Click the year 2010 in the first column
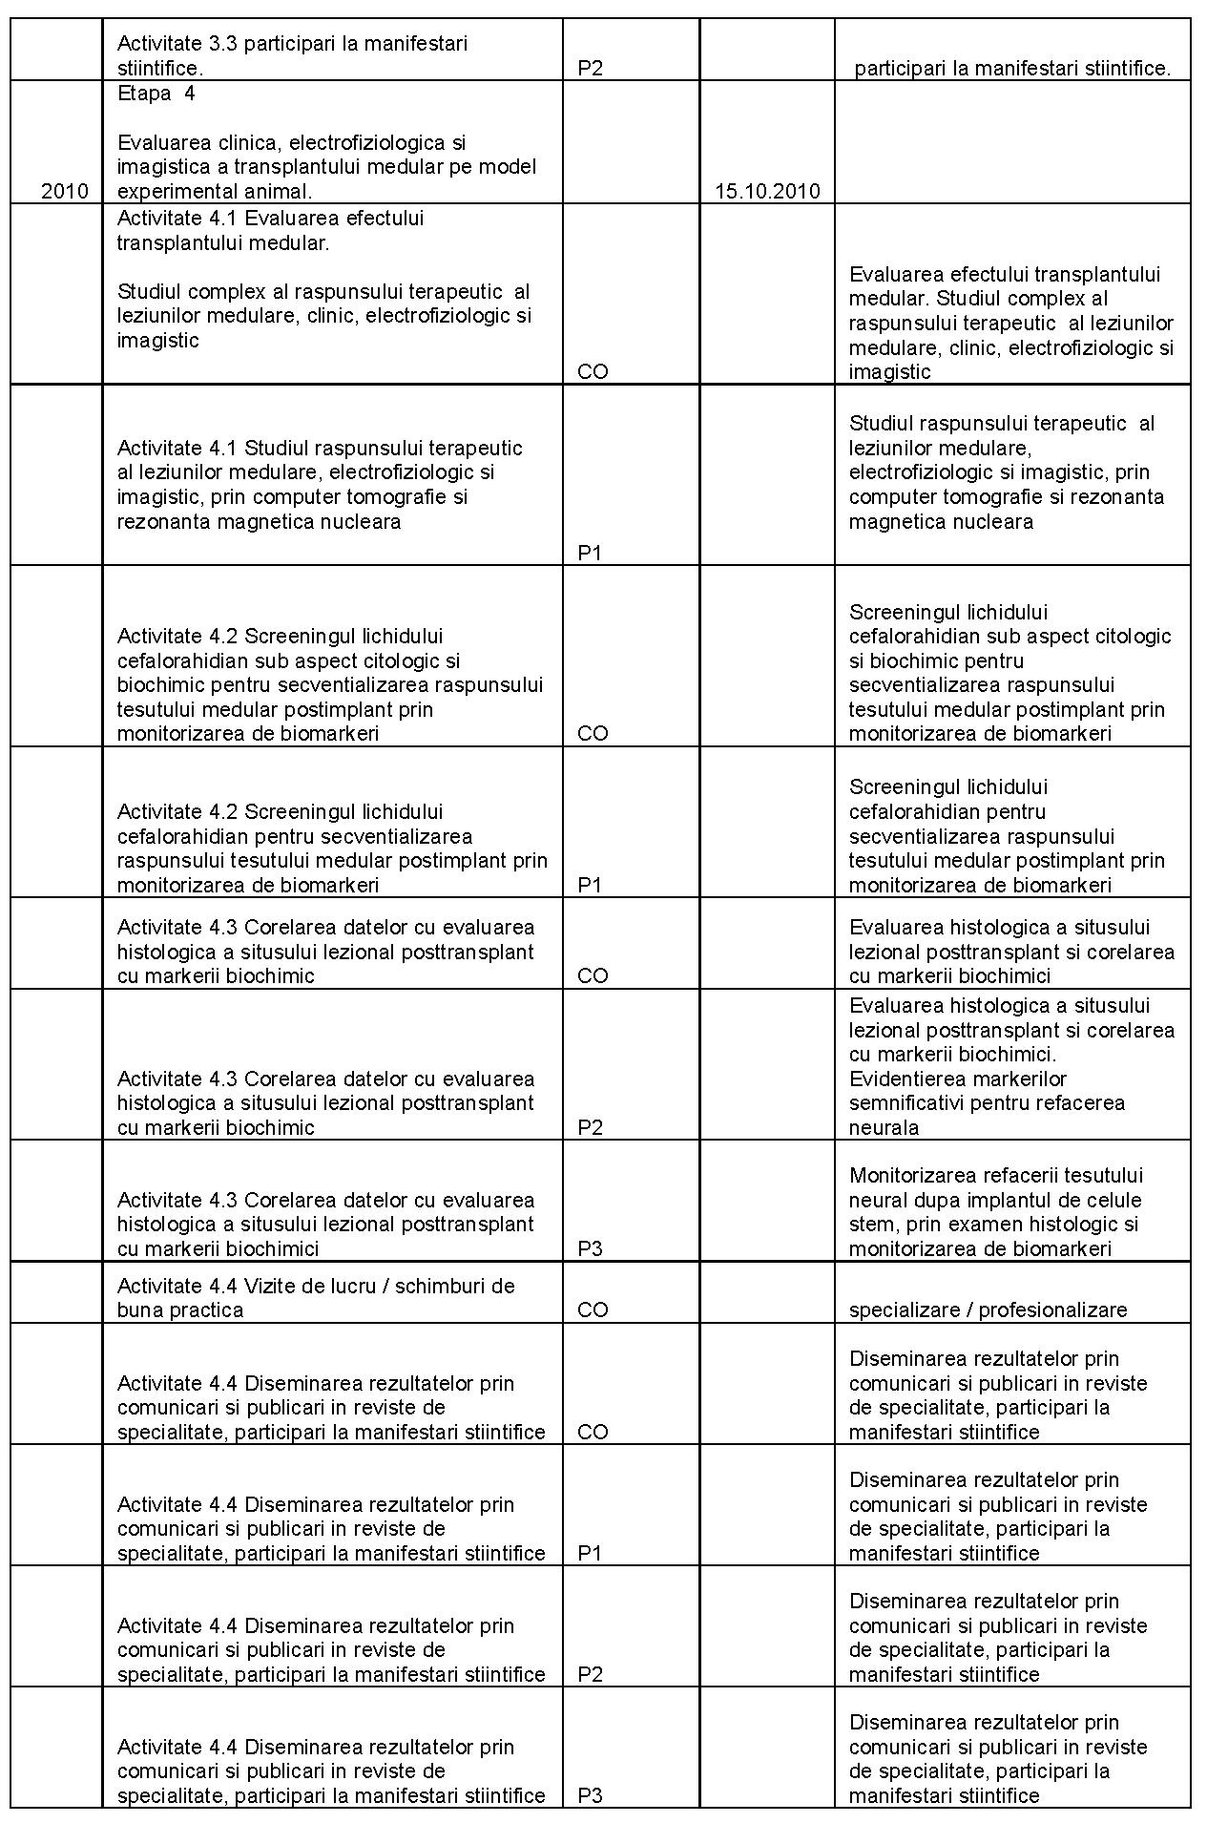tap(65, 191)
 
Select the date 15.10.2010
tap(767, 191)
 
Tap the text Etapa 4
tap(156, 94)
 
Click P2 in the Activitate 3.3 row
tap(591, 69)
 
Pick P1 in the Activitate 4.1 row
tap(591, 553)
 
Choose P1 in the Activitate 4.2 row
tap(591, 885)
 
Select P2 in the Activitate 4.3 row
tap(591, 1128)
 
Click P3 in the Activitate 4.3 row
tap(591, 1249)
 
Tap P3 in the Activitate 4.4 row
tap(591, 1795)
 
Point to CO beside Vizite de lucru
tap(593, 1310)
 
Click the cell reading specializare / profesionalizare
tap(988, 1310)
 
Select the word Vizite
tap(272, 1286)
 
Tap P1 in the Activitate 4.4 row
tap(591, 1553)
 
